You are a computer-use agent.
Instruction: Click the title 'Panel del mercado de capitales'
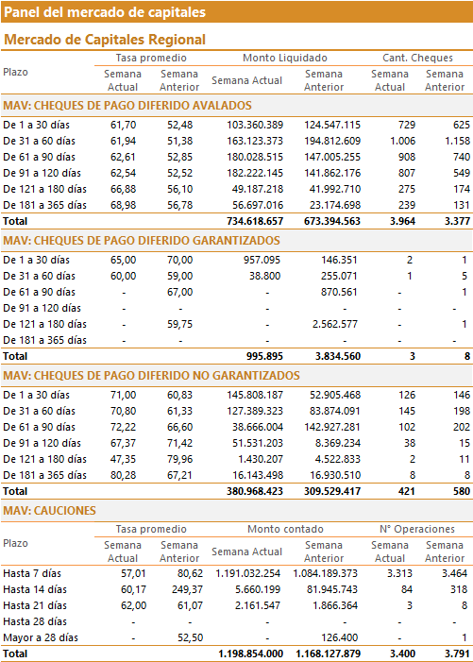[x=105, y=12]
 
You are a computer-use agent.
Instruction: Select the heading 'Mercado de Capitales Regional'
[x=105, y=40]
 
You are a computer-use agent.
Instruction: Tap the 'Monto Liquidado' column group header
[x=285, y=58]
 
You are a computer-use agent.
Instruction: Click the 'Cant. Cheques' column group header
[x=417, y=58]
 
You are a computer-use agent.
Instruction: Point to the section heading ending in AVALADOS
[x=127, y=106]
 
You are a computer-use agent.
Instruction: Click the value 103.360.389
[x=255, y=125]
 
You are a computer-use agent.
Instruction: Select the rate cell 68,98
[x=124, y=205]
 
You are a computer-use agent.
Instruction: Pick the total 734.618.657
[x=255, y=221]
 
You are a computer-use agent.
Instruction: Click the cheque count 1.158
[x=457, y=141]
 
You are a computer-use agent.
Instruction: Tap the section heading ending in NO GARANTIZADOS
[x=151, y=376]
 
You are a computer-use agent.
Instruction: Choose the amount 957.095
[x=262, y=260]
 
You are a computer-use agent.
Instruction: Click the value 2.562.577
[x=335, y=324]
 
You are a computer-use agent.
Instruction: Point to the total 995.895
[x=264, y=356]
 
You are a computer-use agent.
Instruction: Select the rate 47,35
[x=124, y=459]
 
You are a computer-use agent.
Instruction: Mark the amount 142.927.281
[x=332, y=427]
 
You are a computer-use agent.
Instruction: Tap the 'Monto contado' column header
[x=285, y=529]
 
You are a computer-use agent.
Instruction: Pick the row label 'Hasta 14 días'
[x=35, y=590]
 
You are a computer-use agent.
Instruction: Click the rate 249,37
[x=187, y=590]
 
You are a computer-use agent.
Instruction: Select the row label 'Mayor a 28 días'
[x=41, y=638]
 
